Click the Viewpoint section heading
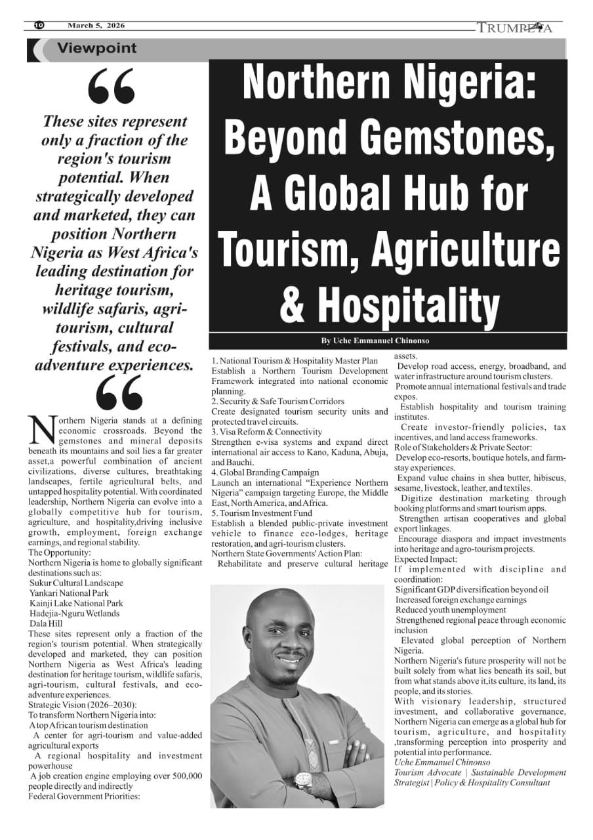click(x=97, y=48)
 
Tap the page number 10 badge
click(x=38, y=26)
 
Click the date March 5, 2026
click(x=96, y=26)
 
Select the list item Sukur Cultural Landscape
click(x=76, y=583)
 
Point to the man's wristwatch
click(x=304, y=780)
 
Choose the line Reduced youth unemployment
click(x=451, y=610)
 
